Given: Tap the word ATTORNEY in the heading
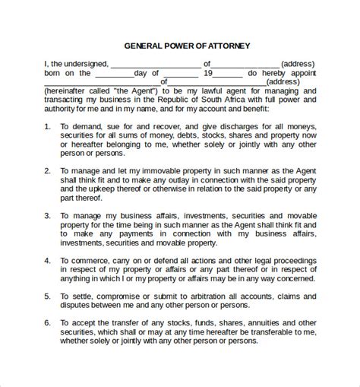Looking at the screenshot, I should [231, 46].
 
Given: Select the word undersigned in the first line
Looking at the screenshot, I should [75, 64].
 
